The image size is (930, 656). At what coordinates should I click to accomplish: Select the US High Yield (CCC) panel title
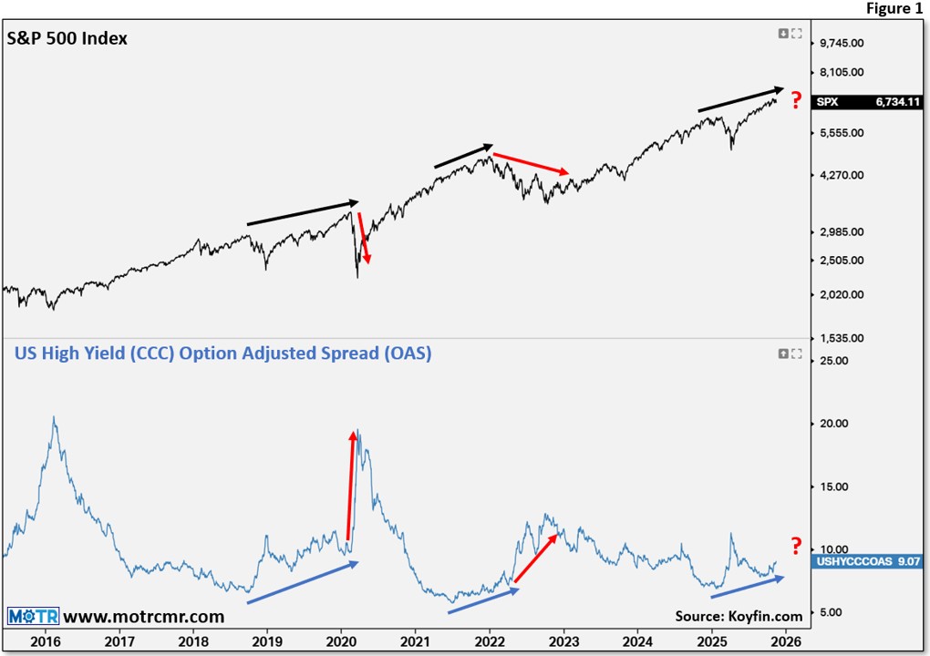point(222,354)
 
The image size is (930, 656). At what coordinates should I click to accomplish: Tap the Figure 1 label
point(893,9)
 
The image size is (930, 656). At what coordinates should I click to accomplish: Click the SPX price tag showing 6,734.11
point(866,103)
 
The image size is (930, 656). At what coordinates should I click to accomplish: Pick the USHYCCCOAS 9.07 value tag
point(866,562)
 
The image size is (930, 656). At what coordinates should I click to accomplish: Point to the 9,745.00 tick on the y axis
point(842,43)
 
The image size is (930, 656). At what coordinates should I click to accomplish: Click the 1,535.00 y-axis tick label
point(842,338)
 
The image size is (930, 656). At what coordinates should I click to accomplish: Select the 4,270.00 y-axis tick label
point(842,175)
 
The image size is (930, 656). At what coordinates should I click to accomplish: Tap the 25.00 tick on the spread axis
point(835,361)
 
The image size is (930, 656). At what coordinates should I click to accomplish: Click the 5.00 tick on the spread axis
point(832,612)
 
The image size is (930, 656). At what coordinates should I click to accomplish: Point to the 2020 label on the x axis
point(341,641)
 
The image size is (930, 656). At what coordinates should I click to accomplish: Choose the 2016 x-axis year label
point(45,641)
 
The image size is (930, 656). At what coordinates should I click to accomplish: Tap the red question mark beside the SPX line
point(796,98)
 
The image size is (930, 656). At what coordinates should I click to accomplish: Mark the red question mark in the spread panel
point(796,546)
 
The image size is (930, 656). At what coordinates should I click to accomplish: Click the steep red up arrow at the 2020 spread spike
point(351,483)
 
